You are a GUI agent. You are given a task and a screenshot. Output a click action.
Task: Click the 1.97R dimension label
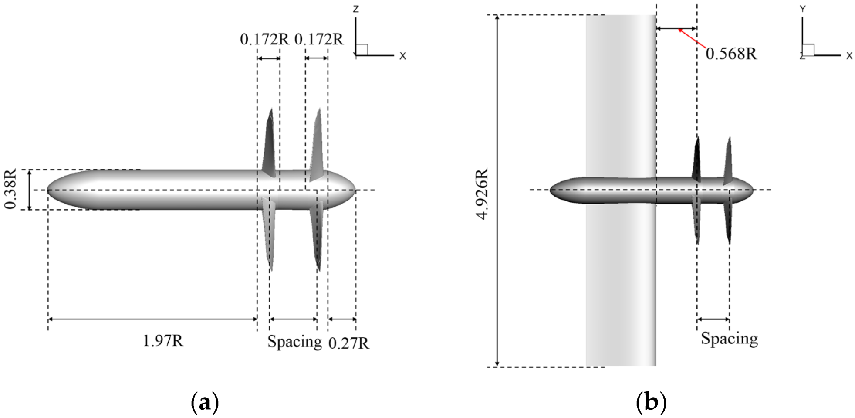click(163, 340)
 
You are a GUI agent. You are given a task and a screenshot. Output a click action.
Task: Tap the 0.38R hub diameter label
click(10, 189)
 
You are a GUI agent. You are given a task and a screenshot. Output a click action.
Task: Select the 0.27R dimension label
click(348, 343)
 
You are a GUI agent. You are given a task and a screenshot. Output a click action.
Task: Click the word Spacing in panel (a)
click(294, 342)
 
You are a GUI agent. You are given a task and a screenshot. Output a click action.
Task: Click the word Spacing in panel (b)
click(729, 339)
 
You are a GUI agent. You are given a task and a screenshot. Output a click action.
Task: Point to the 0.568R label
click(731, 54)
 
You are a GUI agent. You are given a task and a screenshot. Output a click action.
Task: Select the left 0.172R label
click(264, 39)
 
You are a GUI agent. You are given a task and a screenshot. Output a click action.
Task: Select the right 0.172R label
click(319, 39)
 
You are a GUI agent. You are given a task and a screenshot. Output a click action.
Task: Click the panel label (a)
click(205, 402)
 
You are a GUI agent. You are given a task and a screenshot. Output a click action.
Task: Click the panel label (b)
click(651, 402)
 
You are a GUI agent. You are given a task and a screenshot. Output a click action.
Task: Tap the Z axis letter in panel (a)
click(356, 9)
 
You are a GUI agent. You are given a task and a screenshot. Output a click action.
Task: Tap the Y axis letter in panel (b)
click(803, 9)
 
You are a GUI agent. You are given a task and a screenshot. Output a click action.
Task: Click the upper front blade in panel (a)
click(269, 144)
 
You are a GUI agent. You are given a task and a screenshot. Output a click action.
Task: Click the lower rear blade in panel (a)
click(317, 235)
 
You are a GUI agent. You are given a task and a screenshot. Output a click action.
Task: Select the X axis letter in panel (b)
click(849, 56)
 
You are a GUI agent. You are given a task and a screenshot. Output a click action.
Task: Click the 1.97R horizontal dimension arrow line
click(152, 319)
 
